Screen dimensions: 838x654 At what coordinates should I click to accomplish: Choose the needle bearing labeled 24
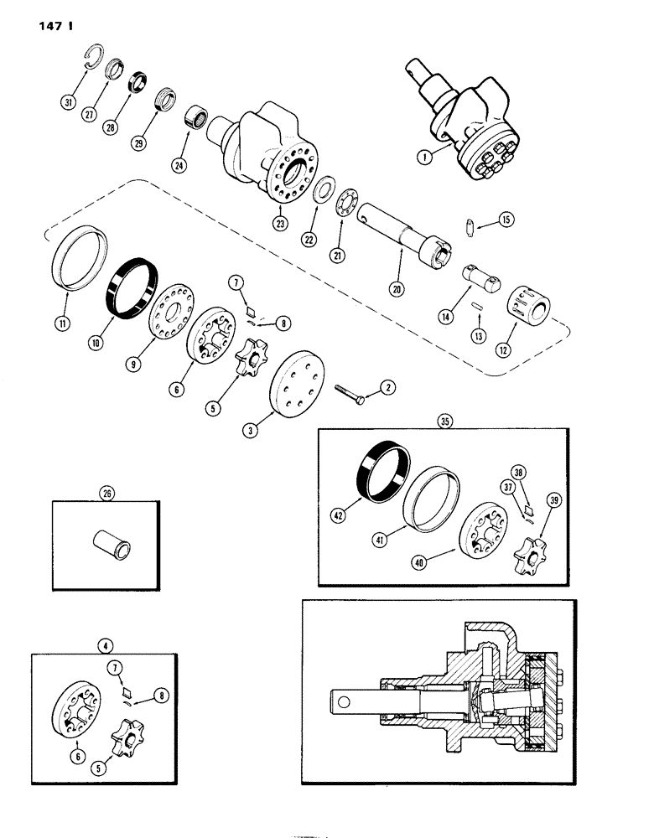[198, 113]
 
